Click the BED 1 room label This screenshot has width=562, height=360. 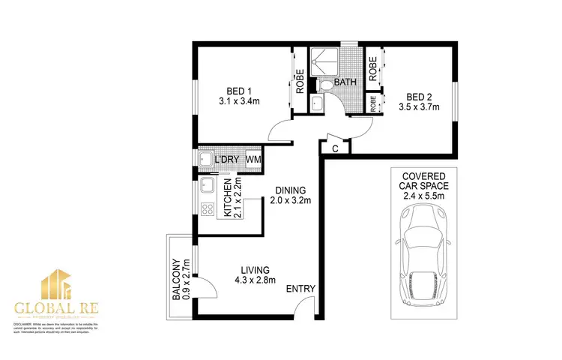coord(238,88)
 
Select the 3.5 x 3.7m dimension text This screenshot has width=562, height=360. coord(422,108)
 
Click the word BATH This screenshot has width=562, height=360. coord(345,82)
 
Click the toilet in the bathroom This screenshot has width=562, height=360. coord(317,103)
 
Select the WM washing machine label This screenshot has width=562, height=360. coord(253,159)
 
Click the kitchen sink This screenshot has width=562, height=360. coord(208,185)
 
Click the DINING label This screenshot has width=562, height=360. coord(289,190)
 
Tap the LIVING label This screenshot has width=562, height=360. coord(255,270)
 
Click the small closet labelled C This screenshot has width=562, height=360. coord(334,148)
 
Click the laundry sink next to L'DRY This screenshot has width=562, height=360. coord(207,160)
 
